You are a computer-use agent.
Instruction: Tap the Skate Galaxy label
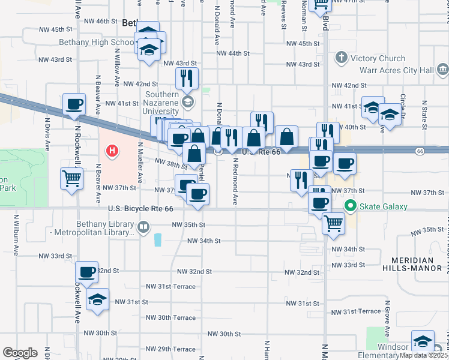tap(384, 207)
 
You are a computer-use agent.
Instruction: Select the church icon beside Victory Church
tap(342, 58)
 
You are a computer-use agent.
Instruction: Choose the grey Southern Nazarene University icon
tap(188, 101)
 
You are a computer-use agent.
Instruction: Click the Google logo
tap(20, 352)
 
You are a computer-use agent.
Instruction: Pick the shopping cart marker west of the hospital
tap(71, 178)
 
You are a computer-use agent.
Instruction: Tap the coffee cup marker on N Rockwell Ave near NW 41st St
tap(74, 104)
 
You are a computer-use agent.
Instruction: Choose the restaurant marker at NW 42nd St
tap(187, 77)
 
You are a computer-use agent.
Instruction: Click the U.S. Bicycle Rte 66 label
tap(141, 209)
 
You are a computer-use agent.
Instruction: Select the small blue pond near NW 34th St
tap(158, 240)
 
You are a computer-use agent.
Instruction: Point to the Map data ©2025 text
tap(424, 355)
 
